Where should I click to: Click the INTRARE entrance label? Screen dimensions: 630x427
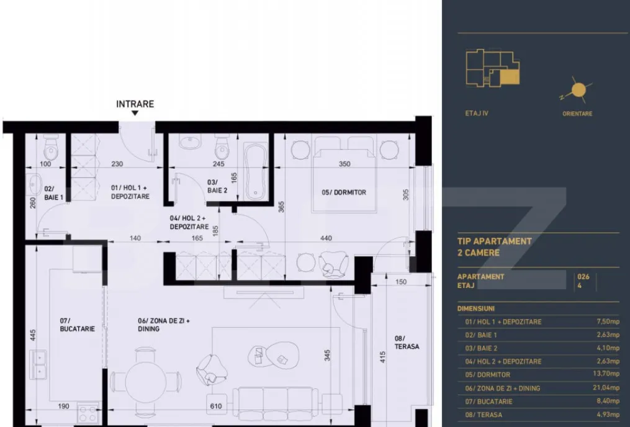(135, 104)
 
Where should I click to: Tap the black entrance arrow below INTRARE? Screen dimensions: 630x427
(135, 114)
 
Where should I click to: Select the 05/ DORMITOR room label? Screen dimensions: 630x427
(344, 192)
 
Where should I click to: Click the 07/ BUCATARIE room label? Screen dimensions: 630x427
(77, 325)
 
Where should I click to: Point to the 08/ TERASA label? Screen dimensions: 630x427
(407, 342)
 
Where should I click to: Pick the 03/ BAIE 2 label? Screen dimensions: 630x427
(217, 186)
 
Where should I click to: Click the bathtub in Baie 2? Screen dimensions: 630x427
(256, 171)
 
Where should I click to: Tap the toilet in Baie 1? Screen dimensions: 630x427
(51, 148)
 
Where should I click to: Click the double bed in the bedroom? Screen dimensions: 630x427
(344, 174)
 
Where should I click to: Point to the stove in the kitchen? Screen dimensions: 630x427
(88, 413)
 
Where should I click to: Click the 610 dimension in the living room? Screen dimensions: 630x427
(216, 406)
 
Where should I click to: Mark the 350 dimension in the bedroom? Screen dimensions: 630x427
(344, 164)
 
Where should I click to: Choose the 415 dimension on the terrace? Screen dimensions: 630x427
(382, 357)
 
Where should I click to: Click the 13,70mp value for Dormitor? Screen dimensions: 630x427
(608, 374)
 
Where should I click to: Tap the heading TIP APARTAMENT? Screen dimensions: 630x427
(495, 241)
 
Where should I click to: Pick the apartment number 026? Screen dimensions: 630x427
(583, 277)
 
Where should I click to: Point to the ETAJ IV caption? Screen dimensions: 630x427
(477, 114)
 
